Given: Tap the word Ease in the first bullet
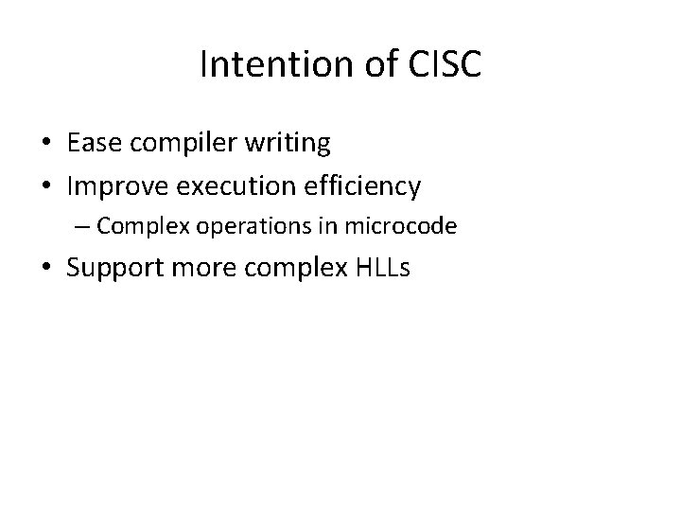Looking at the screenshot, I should pyautogui.click(x=93, y=143).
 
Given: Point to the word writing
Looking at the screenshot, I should pyautogui.click(x=288, y=144).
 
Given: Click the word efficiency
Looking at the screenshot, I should pyautogui.click(x=363, y=186).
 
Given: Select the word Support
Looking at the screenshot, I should pyautogui.click(x=114, y=268).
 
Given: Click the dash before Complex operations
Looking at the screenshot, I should pyautogui.click(x=84, y=226).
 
